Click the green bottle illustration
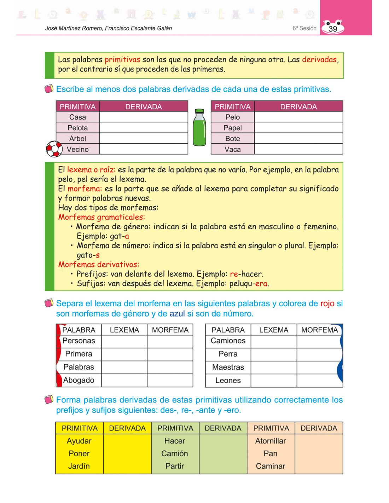click(199, 128)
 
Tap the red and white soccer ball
click(54, 149)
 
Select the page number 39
click(333, 29)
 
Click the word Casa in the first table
click(77, 117)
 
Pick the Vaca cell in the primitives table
click(232, 149)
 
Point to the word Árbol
click(77, 139)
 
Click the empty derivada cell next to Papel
click(298, 128)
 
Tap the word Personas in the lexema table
click(79, 341)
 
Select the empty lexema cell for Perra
click(274, 354)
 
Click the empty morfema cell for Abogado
click(170, 381)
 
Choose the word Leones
click(228, 381)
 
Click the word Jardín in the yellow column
click(79, 466)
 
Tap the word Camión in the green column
click(175, 453)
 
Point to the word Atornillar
click(271, 441)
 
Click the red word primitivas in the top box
click(122, 59)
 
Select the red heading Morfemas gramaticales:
click(101, 217)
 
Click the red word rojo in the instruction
click(327, 303)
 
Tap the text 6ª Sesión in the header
click(304, 28)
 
